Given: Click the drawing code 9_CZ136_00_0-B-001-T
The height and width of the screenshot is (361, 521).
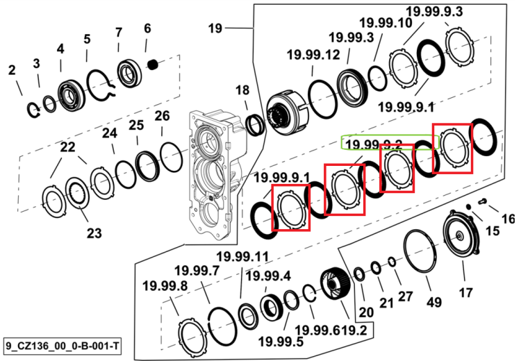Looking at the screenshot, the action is (x=63, y=346).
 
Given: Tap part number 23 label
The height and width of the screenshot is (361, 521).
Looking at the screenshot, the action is (x=94, y=233).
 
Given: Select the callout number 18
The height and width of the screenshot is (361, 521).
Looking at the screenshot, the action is (x=242, y=90).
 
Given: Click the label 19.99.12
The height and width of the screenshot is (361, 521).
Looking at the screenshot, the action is (x=313, y=55).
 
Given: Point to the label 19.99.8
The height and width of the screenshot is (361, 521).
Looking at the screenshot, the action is (x=165, y=285).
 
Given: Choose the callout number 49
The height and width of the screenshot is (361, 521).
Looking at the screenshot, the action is (x=434, y=303).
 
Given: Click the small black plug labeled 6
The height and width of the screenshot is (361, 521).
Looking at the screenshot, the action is (x=153, y=64).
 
